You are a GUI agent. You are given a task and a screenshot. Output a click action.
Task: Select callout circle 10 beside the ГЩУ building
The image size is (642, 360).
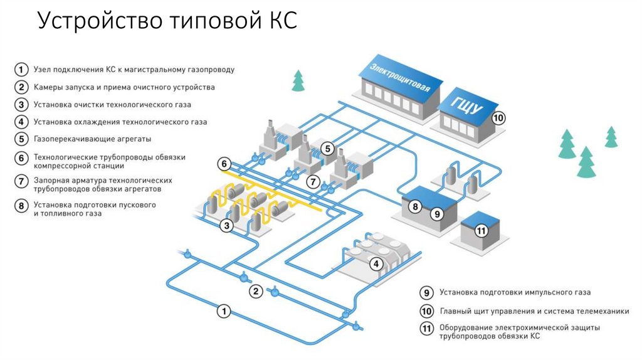pos(498,117)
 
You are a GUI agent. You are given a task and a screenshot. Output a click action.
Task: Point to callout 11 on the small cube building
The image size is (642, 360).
pos(481,231)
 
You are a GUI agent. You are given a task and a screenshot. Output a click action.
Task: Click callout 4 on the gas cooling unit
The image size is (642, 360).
pos(376,264)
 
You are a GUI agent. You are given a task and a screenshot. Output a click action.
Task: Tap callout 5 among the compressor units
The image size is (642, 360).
pos(327,149)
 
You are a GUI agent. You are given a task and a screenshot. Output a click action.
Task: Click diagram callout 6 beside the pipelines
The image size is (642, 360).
pos(224,164)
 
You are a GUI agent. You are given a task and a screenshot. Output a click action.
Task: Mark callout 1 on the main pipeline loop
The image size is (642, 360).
pos(223,310)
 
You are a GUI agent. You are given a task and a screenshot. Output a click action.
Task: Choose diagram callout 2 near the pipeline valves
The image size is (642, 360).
pos(255,291)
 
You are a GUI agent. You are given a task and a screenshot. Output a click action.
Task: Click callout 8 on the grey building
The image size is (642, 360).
pos(414,206)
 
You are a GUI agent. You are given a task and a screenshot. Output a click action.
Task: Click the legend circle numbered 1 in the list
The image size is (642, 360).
pos(22,70)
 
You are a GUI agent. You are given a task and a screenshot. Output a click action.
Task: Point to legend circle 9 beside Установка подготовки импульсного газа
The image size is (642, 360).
pos(426,292)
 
